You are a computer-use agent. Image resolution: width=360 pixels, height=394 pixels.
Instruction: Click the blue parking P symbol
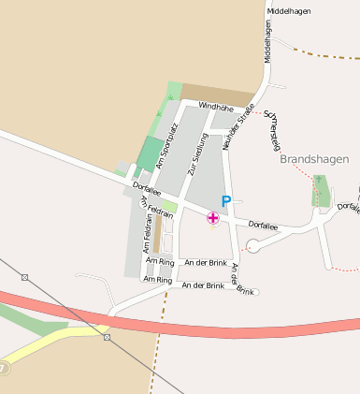(225, 201)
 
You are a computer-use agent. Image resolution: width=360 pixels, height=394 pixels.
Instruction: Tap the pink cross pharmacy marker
(213, 218)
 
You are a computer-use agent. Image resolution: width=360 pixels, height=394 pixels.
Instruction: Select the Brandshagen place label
(314, 159)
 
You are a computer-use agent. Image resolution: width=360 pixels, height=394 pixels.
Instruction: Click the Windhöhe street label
(215, 107)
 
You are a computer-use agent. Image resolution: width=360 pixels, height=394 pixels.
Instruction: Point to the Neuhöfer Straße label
(238, 127)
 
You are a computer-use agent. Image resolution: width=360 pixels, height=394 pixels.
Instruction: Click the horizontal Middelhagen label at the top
(289, 11)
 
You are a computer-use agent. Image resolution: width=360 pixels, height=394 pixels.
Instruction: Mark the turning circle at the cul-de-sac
(252, 246)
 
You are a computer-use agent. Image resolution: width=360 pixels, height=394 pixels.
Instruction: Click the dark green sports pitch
(149, 153)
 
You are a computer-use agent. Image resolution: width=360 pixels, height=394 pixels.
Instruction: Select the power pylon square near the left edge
(24, 277)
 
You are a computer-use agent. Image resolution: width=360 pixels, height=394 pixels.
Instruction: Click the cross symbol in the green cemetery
(318, 180)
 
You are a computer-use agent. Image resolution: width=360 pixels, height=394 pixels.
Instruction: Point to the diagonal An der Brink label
(242, 279)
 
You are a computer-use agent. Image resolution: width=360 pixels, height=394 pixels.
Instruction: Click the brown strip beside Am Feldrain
(157, 236)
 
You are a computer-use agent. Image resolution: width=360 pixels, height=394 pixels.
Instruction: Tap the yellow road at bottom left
(47, 347)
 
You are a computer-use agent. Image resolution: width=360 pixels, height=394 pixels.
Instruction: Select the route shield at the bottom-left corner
(4, 369)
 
